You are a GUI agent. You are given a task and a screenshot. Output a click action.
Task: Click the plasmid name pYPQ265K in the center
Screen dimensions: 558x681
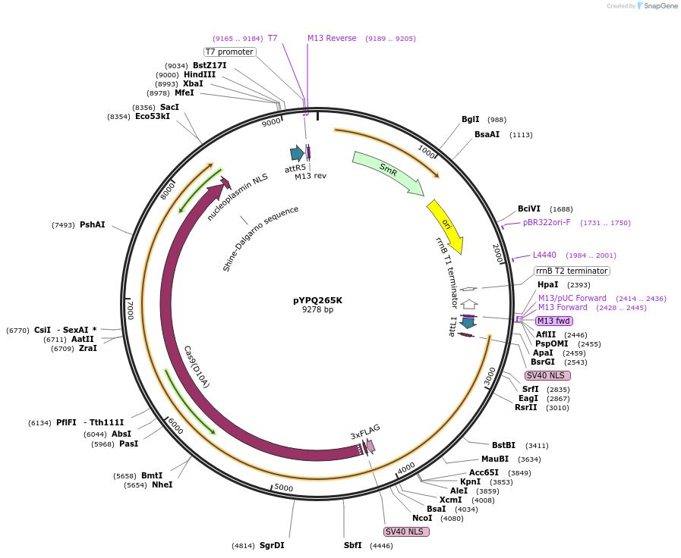(x=317, y=299)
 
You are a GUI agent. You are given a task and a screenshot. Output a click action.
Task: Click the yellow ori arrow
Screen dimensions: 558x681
(x=446, y=225)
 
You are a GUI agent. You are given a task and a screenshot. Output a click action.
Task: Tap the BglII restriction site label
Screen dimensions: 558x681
(x=471, y=120)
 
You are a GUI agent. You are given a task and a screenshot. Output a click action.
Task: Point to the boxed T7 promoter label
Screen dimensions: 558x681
(x=229, y=52)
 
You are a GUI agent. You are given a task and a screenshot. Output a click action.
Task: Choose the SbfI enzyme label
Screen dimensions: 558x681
(x=352, y=545)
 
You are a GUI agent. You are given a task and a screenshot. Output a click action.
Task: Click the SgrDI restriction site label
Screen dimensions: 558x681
(x=272, y=545)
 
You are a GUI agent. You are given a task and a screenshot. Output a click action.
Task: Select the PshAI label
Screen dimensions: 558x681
(x=92, y=224)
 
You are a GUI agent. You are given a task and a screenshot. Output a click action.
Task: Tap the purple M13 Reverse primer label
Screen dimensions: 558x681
(x=332, y=38)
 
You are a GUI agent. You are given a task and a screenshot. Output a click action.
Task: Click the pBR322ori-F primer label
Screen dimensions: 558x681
(x=547, y=223)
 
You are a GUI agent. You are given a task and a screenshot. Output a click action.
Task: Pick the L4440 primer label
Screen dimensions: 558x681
(x=544, y=255)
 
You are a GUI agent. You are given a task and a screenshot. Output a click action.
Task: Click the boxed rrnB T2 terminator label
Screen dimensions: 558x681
(x=571, y=271)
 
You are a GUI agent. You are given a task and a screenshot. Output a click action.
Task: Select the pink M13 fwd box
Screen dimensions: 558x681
(x=553, y=321)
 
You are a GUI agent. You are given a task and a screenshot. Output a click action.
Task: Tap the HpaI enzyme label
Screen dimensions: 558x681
(x=547, y=285)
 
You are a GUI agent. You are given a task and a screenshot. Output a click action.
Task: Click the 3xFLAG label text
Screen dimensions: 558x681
(x=365, y=431)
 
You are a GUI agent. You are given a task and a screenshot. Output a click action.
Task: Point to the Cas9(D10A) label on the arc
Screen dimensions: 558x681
(x=197, y=367)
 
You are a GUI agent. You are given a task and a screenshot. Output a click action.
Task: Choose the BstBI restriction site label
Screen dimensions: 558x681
(x=503, y=445)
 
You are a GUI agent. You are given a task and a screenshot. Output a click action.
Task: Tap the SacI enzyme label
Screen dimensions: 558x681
(x=169, y=107)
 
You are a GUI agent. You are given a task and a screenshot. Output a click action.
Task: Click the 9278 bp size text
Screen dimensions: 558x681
(x=317, y=309)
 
